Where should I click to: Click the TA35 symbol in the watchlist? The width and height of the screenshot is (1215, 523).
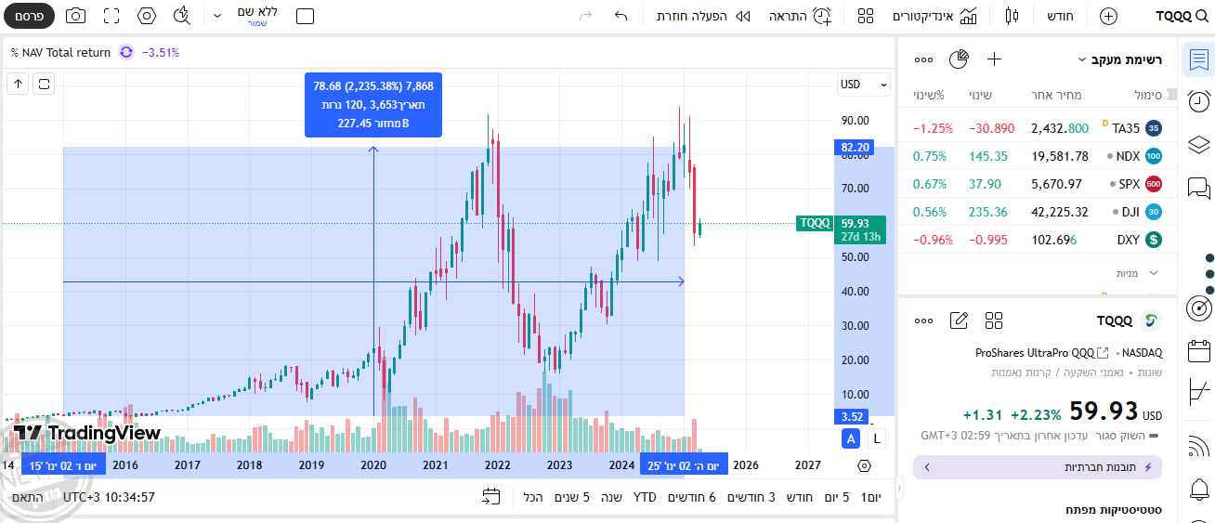1125,128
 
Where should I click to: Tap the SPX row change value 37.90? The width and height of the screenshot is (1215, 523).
986,184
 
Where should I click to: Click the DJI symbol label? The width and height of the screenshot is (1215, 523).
1130,212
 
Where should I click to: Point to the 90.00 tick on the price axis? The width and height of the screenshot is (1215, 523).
854,120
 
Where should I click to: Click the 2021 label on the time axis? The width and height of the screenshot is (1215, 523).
435,465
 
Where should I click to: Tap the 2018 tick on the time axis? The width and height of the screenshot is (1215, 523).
249,465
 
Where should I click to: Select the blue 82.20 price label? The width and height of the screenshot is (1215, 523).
855,148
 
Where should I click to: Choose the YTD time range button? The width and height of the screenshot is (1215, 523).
645,497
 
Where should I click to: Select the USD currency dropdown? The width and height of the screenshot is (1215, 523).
856,85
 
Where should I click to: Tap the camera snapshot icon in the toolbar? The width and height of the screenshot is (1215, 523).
75,16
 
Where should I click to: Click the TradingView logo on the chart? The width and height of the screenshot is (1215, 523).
86,433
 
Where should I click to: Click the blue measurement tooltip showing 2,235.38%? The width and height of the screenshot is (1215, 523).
373,104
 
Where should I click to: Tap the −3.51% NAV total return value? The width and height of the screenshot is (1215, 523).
161,53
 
